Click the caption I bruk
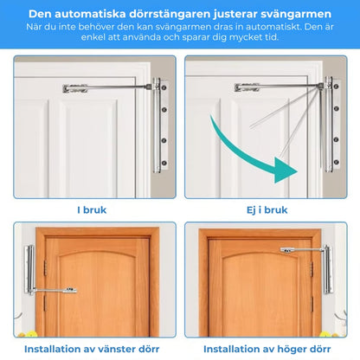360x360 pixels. (x=93, y=209)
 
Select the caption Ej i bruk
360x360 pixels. (x=266, y=209)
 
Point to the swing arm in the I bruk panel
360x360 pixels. (x=112, y=87)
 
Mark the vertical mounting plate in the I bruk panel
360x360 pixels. (x=159, y=121)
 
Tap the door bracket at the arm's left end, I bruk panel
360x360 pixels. (x=75, y=88)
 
